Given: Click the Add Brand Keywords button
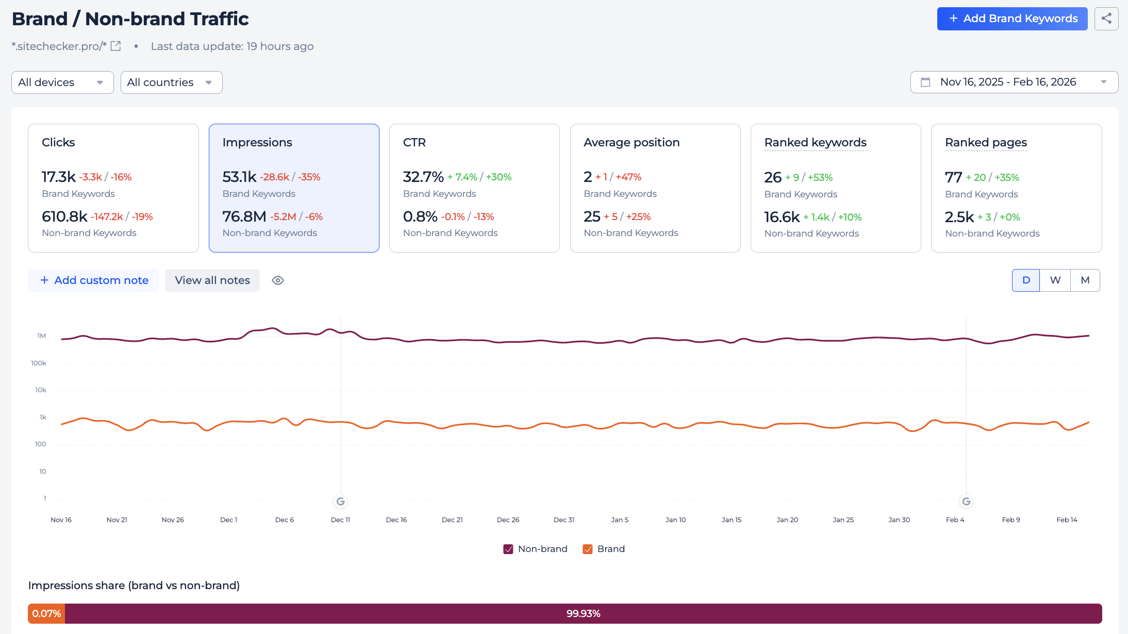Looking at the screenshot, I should tap(1011, 19).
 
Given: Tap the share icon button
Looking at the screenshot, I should tap(1106, 19).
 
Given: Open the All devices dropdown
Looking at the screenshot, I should tap(62, 82).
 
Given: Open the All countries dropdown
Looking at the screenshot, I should tap(171, 82).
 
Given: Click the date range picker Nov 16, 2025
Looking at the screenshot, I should tap(1014, 82).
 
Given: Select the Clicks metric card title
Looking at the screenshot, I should tap(58, 142).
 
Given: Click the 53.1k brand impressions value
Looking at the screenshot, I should tap(239, 177).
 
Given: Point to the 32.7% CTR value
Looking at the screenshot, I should tap(423, 177).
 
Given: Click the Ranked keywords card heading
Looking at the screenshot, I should tap(815, 142).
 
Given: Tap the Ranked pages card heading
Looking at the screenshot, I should tap(986, 142).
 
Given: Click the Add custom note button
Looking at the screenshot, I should tap(94, 280).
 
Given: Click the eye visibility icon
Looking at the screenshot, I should tap(278, 280).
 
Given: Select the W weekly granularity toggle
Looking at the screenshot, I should tap(1055, 280).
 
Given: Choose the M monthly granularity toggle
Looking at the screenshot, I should tap(1085, 280).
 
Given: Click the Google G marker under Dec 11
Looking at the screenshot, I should tap(340, 502).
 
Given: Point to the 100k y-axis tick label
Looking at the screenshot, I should tap(39, 363).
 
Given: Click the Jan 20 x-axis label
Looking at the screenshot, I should tap(787, 520).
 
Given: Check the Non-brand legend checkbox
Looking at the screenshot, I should tap(508, 549).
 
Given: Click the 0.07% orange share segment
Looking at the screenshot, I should tap(46, 613).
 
